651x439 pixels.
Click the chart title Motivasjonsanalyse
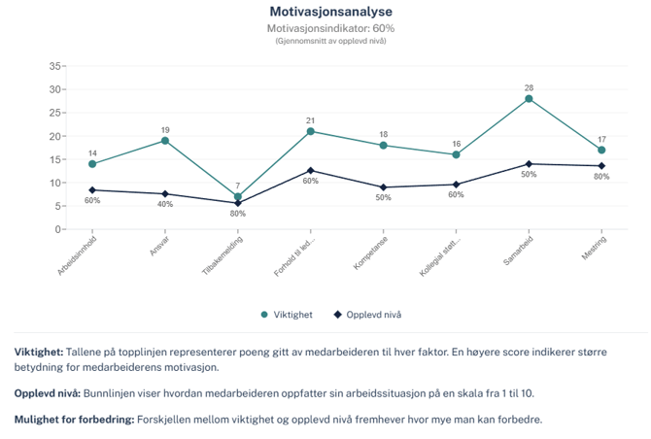point(330,12)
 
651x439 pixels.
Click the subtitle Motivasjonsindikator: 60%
point(330,28)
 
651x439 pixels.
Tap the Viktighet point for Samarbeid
point(529,98)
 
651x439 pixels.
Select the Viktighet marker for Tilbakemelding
point(238,196)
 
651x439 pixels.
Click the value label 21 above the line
point(311,119)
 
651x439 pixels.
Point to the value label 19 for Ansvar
point(165,129)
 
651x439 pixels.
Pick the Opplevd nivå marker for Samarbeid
point(529,164)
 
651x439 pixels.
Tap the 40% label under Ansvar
point(165,205)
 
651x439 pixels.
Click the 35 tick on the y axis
point(56,66)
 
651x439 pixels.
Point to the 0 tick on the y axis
point(59,229)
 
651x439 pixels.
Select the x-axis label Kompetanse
point(369,254)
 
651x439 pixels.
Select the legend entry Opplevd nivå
point(367,315)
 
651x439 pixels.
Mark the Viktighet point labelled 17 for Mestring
point(601,150)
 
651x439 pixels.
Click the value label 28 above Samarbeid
point(529,87)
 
